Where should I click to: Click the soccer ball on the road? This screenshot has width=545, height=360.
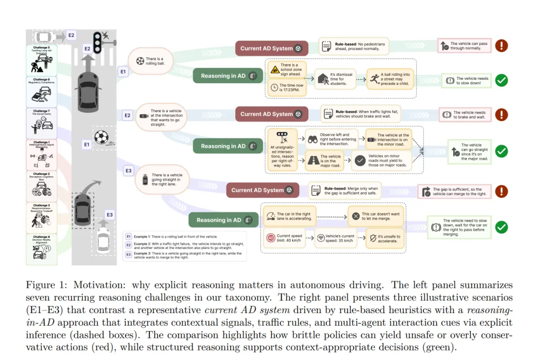(101, 137)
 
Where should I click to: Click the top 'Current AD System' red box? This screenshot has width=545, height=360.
(271, 48)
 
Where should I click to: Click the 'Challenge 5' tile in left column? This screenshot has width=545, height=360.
(41, 60)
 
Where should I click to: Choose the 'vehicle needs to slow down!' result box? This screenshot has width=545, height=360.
(466, 81)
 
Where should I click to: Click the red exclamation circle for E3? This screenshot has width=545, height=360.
(501, 191)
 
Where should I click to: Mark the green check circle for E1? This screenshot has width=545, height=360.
(501, 80)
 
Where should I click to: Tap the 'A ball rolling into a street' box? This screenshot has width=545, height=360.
(389, 79)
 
